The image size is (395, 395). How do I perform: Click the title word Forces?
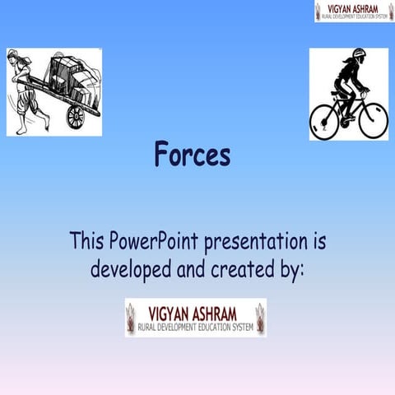pyautogui.click(x=193, y=156)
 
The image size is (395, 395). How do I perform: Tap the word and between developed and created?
pyautogui.click(x=192, y=269)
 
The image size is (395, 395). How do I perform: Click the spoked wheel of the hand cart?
pyautogui.click(x=76, y=116)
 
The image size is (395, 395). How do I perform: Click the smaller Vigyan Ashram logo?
pyautogui.click(x=354, y=11)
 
